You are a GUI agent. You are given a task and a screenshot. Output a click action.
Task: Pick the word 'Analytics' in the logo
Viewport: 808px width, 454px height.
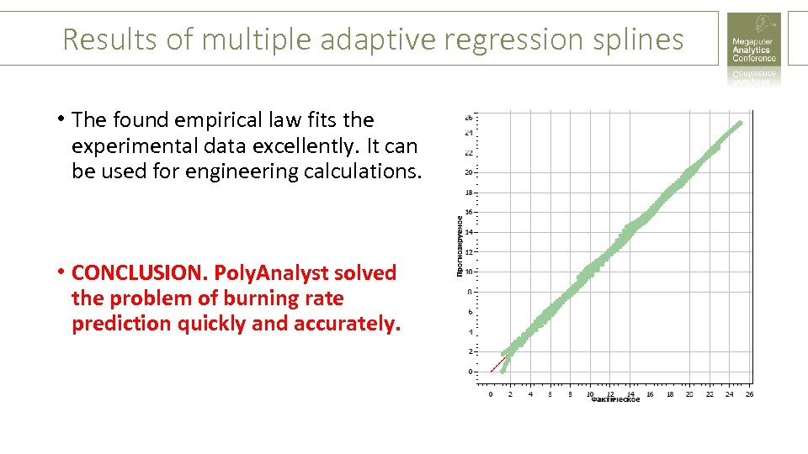(751, 50)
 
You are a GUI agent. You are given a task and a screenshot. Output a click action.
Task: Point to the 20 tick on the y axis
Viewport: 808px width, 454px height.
(469, 172)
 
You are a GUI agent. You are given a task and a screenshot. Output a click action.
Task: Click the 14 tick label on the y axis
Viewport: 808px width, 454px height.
(469, 232)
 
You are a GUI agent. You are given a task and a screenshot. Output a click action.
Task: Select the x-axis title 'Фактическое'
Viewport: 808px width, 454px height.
(615, 400)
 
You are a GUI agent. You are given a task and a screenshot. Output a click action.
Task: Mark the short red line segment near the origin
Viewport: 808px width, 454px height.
(498, 365)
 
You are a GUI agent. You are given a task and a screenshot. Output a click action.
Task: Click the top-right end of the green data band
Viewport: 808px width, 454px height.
(740, 124)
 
